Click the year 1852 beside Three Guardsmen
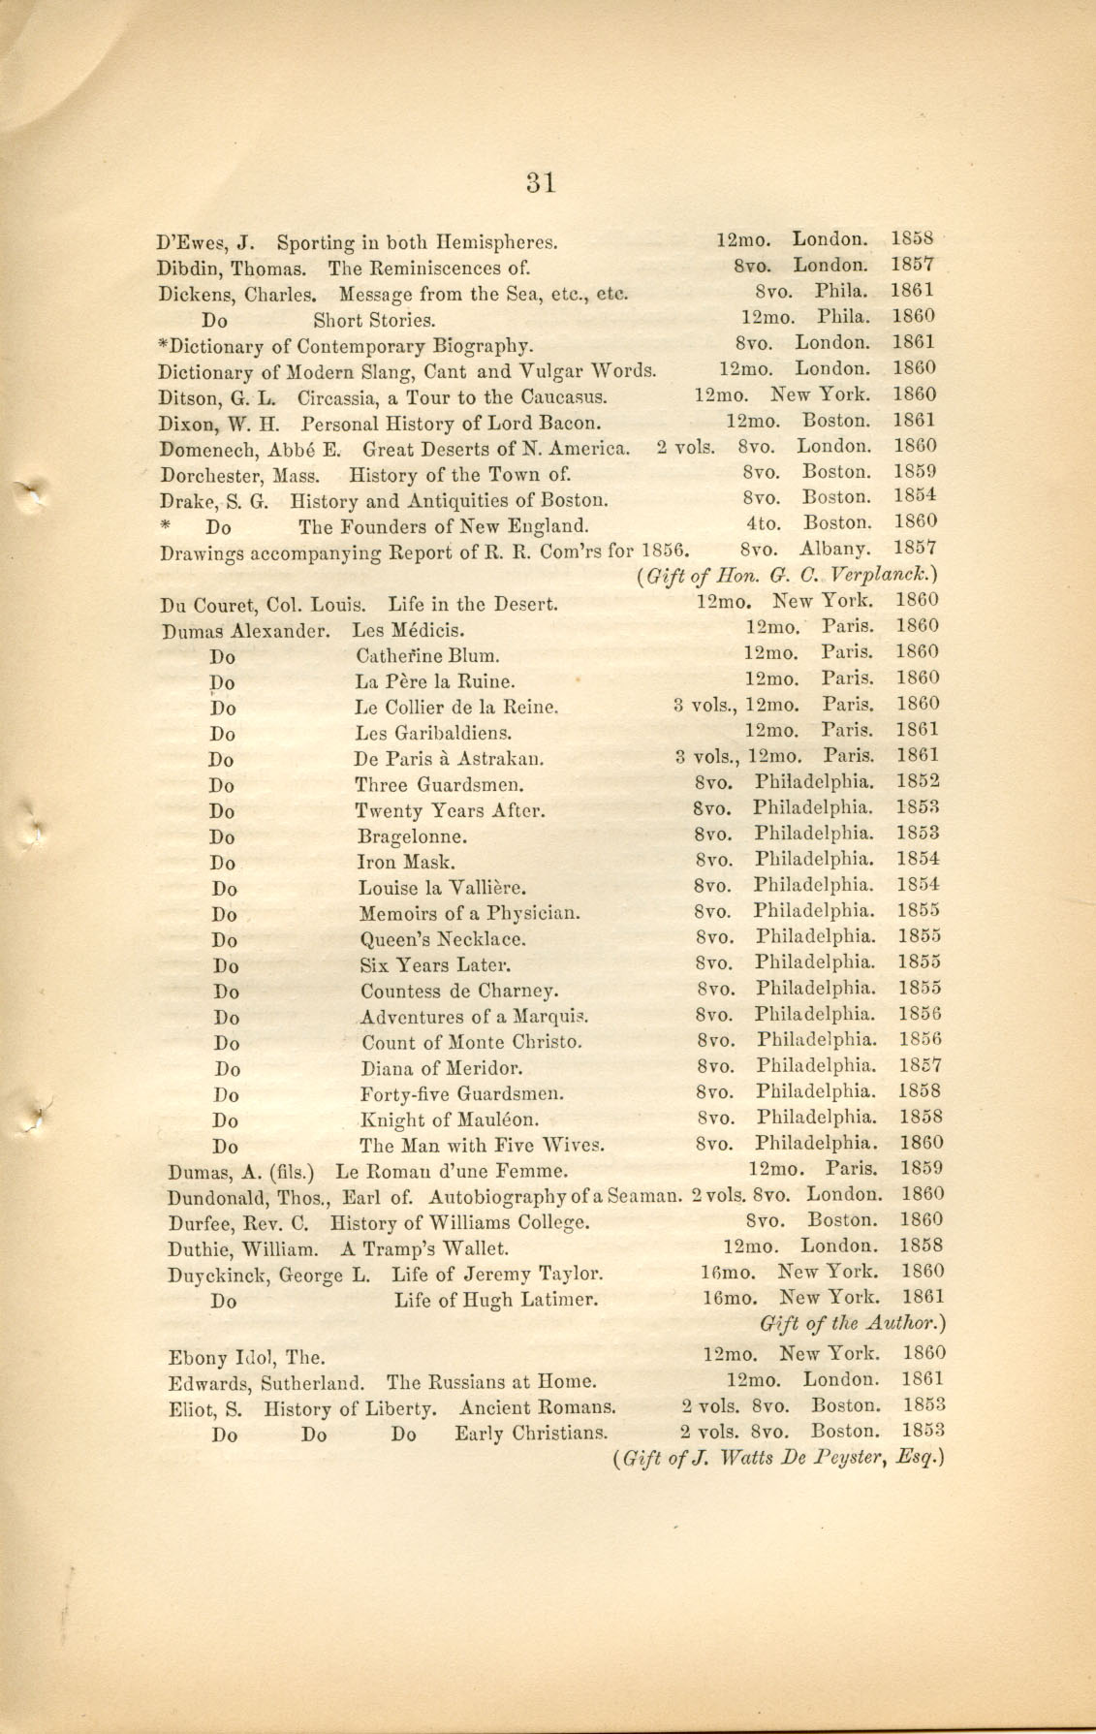point(918,781)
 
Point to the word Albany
point(834,549)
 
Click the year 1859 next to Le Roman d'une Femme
point(921,1169)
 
